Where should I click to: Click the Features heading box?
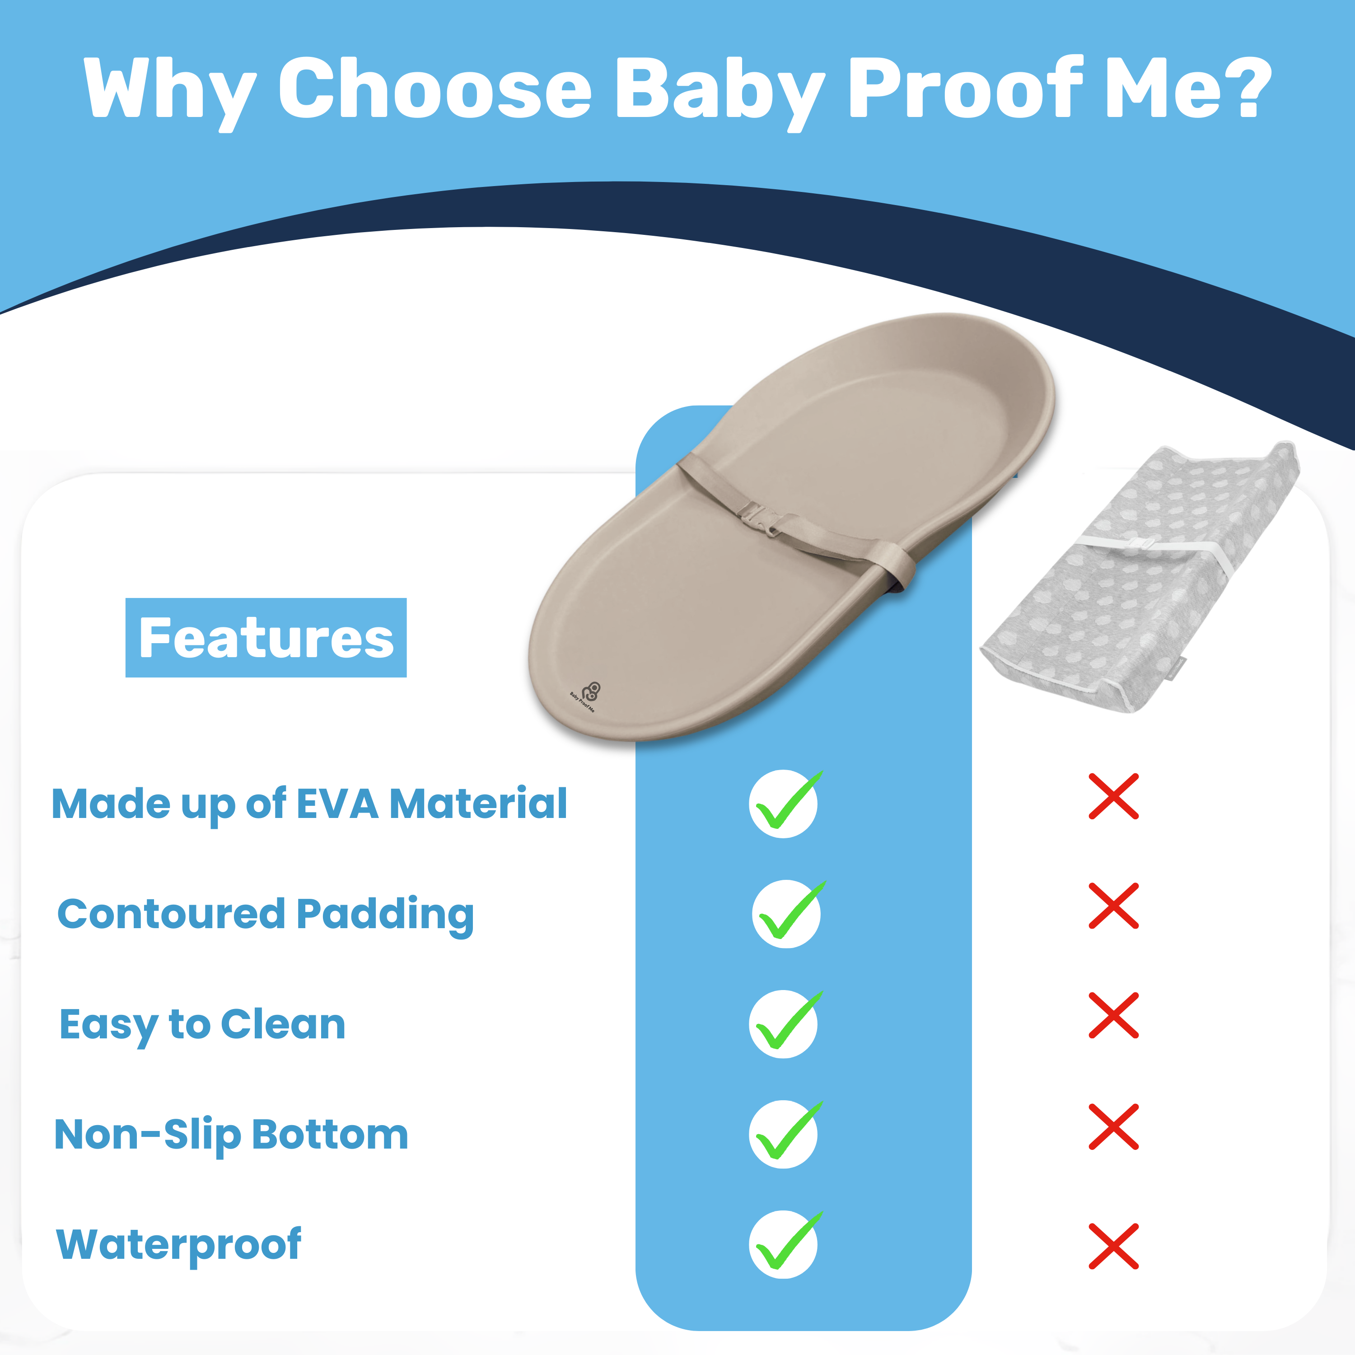tap(266, 637)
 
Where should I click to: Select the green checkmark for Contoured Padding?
tap(786, 914)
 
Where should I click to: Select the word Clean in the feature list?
tap(283, 1025)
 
